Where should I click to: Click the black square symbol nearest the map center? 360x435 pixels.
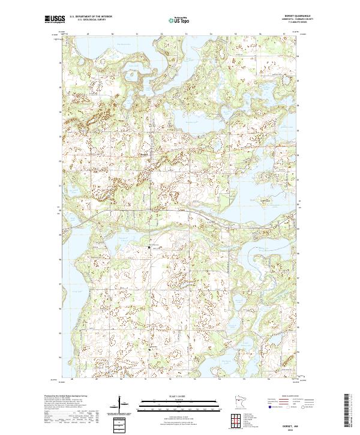pyautogui.click(x=149, y=247)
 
